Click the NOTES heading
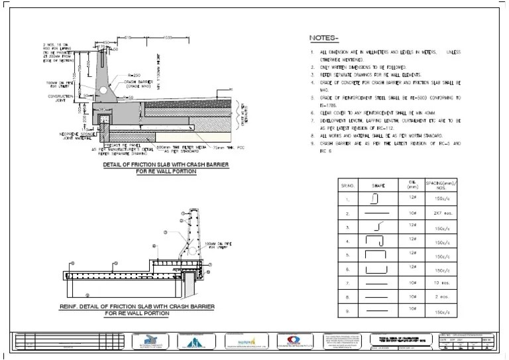(324, 38)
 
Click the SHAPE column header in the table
(378, 185)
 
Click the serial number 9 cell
(347, 310)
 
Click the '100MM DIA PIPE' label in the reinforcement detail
(217, 245)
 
